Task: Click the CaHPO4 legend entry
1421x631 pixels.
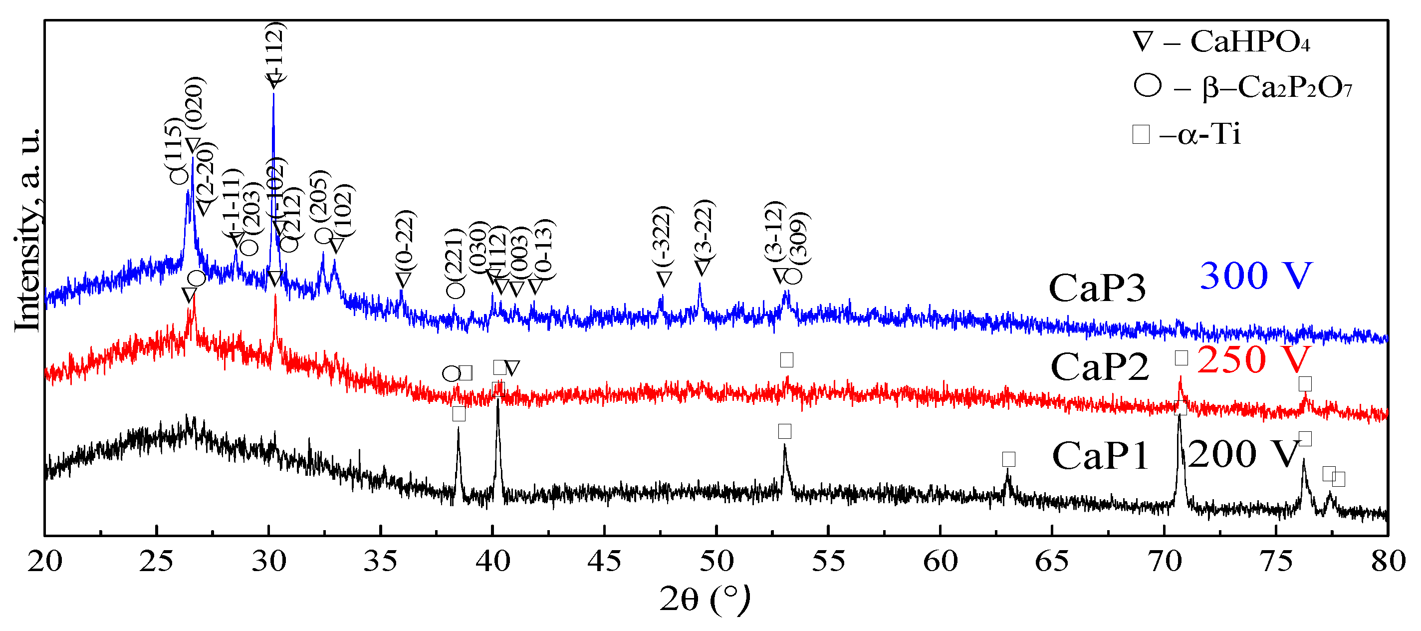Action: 1221,41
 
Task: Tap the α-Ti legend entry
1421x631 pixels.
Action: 1186,134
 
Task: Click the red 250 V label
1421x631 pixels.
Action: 1253,359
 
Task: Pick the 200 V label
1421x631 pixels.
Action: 1243,454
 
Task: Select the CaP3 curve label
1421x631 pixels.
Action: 1097,288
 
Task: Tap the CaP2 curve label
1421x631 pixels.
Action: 1099,366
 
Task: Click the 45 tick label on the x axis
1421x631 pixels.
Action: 604,562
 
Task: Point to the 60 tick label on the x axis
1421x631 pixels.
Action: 940,562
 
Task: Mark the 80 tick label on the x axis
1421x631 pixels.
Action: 1388,562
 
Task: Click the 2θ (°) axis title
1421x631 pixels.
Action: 705,599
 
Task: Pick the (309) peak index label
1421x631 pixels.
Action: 798,238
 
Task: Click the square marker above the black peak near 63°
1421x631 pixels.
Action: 1008,459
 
